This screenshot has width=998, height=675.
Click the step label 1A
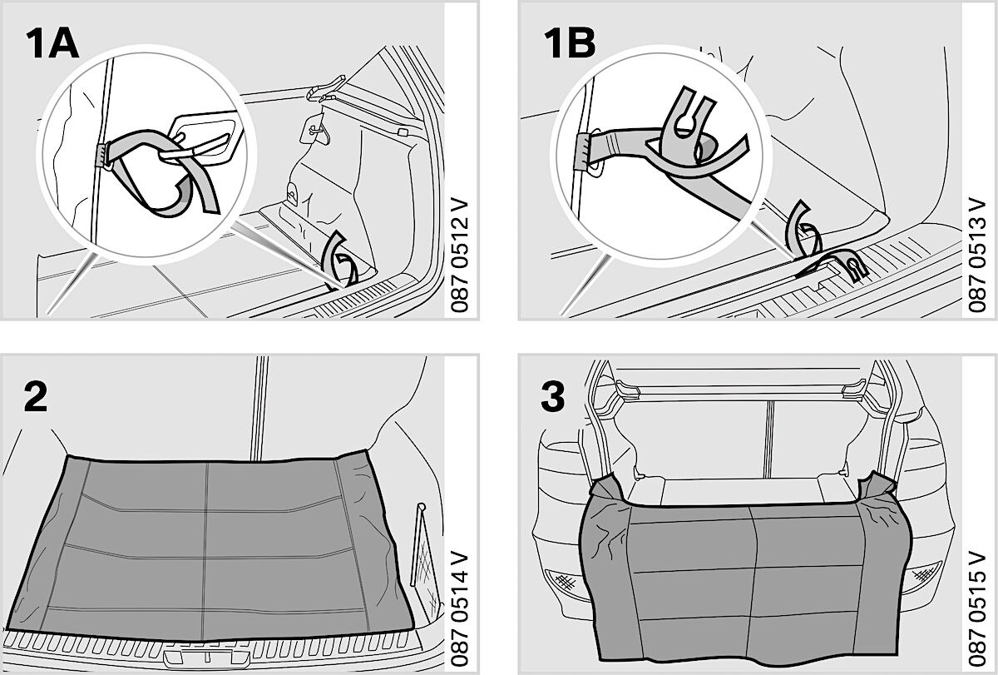52,43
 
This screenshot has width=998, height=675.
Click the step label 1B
570,42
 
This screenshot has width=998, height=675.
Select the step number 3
553,396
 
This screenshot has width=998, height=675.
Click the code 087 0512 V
460,255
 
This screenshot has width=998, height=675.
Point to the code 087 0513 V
977,255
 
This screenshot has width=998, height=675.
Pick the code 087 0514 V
460,609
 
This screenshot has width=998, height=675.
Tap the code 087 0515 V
977,609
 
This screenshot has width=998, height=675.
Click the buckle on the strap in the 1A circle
102,155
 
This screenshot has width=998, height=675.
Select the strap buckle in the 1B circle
582,151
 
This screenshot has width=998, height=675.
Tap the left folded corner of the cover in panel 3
608,489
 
